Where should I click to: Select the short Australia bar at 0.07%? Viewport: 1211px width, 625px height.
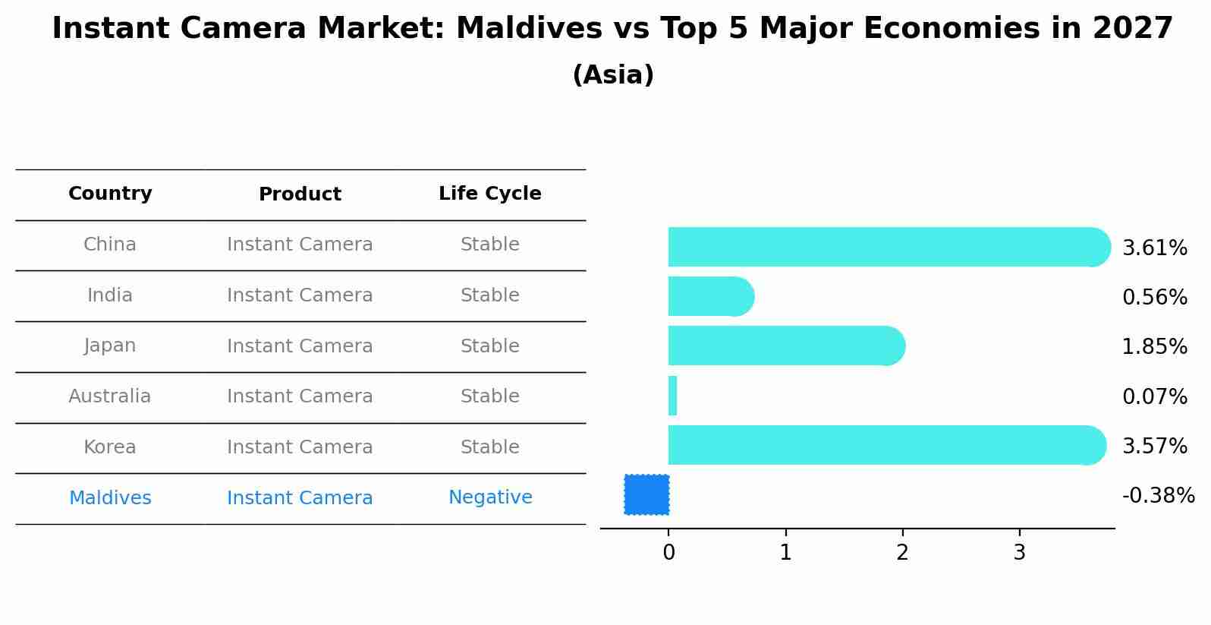coord(672,396)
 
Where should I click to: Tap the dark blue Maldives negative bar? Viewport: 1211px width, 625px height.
coord(646,494)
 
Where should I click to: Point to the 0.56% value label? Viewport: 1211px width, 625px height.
coord(1154,297)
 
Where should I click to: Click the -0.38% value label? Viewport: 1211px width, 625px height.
coord(1158,496)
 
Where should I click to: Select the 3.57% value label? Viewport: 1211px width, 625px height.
coord(1154,446)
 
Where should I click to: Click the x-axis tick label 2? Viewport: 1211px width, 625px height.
coord(902,553)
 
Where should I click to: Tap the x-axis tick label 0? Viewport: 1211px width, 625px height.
coord(668,553)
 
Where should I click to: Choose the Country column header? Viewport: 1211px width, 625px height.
coord(110,194)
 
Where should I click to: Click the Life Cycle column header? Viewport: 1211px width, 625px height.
coord(489,194)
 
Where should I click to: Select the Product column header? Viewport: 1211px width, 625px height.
coord(300,194)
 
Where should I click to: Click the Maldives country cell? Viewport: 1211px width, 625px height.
coord(110,498)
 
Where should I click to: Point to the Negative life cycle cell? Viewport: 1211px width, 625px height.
coord(490,497)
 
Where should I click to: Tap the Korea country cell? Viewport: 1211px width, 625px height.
coord(110,447)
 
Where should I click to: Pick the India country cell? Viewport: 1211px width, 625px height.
coord(110,295)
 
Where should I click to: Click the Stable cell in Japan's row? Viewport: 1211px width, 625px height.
coord(489,346)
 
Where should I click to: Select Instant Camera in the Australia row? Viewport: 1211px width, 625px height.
coord(300,396)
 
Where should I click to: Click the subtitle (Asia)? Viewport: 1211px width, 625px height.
coord(613,75)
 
